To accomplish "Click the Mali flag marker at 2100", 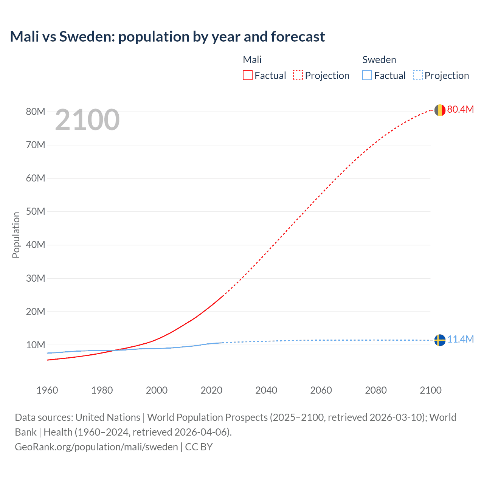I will pyautogui.click(x=440, y=110).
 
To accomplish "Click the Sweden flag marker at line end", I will pyautogui.click(x=440, y=340).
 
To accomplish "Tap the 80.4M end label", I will pyautogui.click(x=460, y=109).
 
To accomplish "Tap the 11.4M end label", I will pyautogui.click(x=460, y=339).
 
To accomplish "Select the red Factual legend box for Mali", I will pyautogui.click(x=247, y=75).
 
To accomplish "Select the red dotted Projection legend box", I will pyautogui.click(x=298, y=75).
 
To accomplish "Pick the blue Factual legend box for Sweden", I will pyautogui.click(x=367, y=75).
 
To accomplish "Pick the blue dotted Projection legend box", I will pyautogui.click(x=417, y=75).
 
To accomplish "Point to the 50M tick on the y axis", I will pyautogui.click(x=36, y=211).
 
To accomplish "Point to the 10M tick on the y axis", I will pyautogui.click(x=36, y=345).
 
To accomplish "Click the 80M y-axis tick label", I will pyautogui.click(x=36, y=112).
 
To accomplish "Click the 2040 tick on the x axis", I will pyautogui.click(x=266, y=390).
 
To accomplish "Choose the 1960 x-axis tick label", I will pyautogui.click(x=47, y=390).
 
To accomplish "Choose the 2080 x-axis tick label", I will pyautogui.click(x=376, y=390).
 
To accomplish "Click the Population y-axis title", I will pyautogui.click(x=16, y=235).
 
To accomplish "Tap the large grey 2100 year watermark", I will pyautogui.click(x=87, y=120).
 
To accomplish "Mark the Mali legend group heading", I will pyautogui.click(x=252, y=60).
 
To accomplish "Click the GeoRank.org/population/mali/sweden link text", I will pyautogui.click(x=96, y=447).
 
